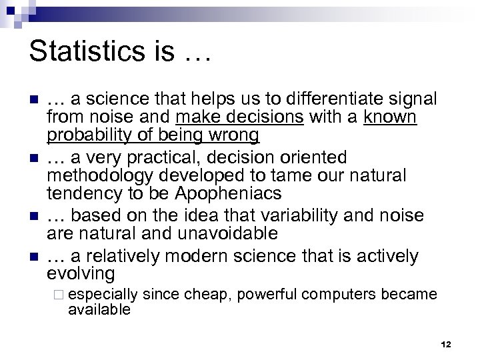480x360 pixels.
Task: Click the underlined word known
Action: click(390, 118)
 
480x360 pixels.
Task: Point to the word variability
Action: click(294, 217)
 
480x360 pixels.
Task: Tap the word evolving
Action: click(81, 274)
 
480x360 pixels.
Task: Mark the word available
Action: click(99, 309)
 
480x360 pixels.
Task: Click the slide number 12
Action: click(446, 344)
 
